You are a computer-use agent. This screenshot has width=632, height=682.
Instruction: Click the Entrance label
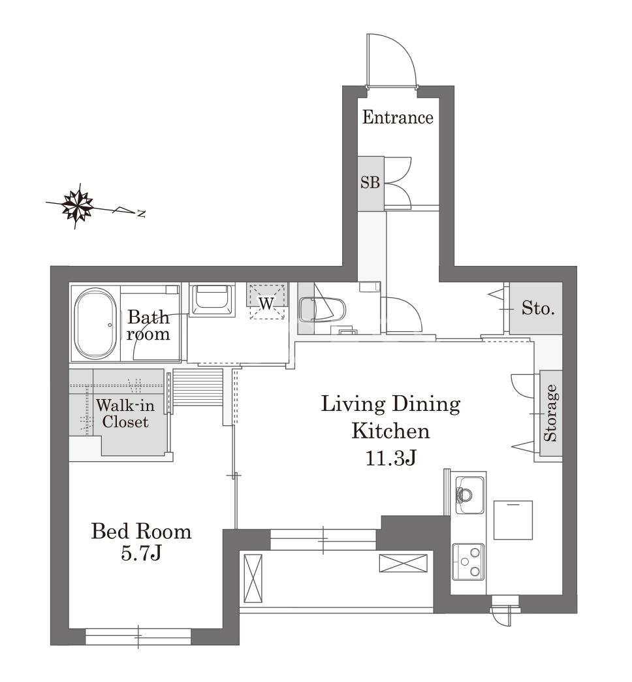tap(397, 118)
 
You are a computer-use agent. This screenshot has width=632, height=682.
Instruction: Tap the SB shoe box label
tap(370, 182)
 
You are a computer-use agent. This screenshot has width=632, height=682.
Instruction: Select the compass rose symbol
tap(78, 205)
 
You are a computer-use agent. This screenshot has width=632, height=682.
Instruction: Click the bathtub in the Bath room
tap(95, 323)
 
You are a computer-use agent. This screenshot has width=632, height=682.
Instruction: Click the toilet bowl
tap(322, 310)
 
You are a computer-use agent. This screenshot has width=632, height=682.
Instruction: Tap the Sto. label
tap(538, 309)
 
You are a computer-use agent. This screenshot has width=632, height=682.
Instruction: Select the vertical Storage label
tap(550, 413)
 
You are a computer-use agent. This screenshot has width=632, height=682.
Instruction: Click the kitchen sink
tap(469, 495)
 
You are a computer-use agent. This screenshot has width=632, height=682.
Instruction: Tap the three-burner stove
tap(468, 562)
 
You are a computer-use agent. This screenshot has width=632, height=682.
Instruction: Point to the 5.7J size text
tap(141, 553)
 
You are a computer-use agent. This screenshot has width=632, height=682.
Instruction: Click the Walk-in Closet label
tap(125, 414)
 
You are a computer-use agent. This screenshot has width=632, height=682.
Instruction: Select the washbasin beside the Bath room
tap(212, 300)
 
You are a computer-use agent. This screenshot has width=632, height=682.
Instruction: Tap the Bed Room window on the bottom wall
tap(138, 636)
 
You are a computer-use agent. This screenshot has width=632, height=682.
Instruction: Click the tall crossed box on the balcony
tap(253, 578)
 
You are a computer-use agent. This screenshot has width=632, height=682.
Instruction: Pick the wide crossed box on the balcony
tap(403, 563)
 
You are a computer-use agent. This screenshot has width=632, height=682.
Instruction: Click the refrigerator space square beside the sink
tap(513, 520)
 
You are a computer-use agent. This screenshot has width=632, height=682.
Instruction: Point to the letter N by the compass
tap(141, 214)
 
